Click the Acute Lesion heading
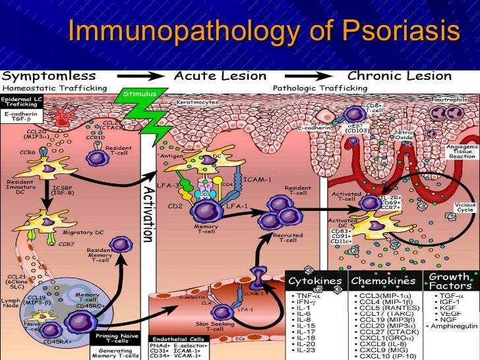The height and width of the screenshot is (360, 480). pyautogui.click(x=221, y=76)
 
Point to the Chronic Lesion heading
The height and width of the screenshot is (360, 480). pyautogui.click(x=400, y=76)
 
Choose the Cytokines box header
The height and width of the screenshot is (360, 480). pyautogui.click(x=315, y=282)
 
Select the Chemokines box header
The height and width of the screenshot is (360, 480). pyautogui.click(x=385, y=282)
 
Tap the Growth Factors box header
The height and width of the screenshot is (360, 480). pyautogui.click(x=450, y=281)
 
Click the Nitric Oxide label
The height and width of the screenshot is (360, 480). pyautogui.click(x=404, y=136)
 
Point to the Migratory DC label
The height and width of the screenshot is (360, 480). pyautogui.click(x=80, y=233)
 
